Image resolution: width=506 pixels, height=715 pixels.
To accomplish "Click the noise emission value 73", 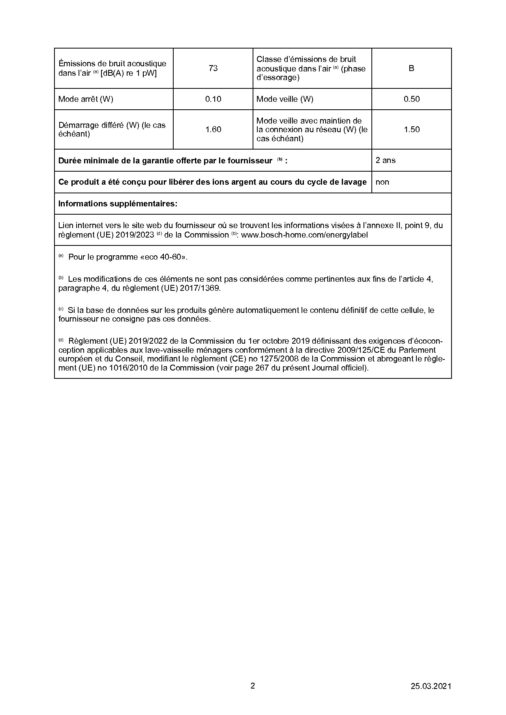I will click(x=213, y=68).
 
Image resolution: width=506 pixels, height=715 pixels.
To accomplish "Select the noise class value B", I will click(x=411, y=68).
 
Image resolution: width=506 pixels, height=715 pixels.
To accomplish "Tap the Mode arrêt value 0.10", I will click(x=213, y=99).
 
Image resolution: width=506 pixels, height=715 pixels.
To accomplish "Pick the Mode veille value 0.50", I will click(x=411, y=99).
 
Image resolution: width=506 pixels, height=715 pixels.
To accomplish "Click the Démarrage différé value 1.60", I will click(x=213, y=129).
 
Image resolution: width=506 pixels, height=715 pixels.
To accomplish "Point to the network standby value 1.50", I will click(x=411, y=129).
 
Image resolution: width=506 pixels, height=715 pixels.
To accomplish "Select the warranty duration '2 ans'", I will click(x=386, y=160).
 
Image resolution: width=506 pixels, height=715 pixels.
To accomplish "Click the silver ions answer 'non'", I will click(x=382, y=182).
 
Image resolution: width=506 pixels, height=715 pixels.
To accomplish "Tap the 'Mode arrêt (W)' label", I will click(x=86, y=99).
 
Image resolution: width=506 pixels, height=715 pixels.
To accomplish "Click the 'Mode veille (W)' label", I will click(x=285, y=99).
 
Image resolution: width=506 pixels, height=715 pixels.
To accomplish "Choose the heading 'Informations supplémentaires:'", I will click(x=118, y=204).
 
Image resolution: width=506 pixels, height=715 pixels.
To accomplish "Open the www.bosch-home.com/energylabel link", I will click(x=304, y=235).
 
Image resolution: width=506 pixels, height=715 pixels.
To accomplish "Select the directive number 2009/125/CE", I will click(x=365, y=350).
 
